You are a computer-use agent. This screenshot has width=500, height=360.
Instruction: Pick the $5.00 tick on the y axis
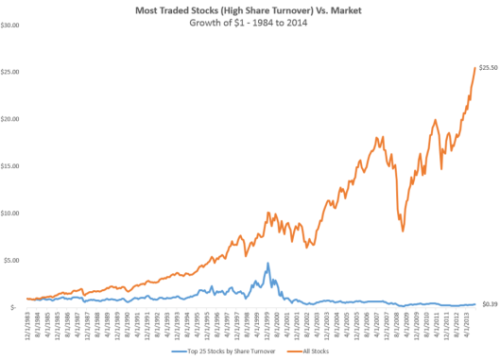click(15, 260)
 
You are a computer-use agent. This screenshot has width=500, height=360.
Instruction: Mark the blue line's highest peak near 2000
click(267, 264)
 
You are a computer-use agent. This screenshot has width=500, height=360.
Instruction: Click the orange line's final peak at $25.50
click(474, 68)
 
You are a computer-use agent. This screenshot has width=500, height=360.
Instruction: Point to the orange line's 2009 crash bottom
click(403, 231)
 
